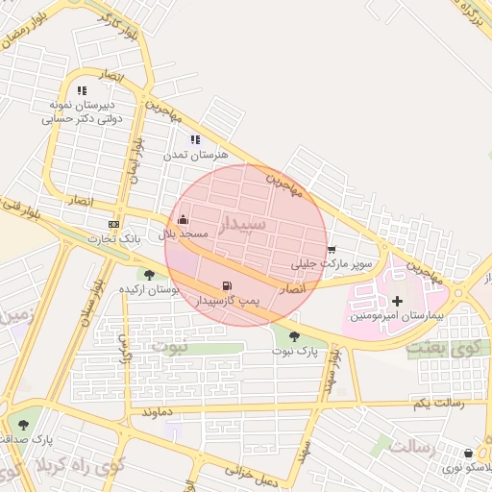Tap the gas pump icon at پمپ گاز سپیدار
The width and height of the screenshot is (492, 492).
tap(227, 285)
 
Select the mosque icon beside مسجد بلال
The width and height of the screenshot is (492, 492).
tap(184, 220)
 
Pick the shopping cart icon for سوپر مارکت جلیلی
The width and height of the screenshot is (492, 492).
tap(332, 249)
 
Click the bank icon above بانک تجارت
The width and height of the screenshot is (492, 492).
tap(114, 224)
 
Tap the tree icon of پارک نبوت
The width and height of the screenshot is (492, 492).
tap(294, 336)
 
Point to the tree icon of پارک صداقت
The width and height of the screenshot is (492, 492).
tap(23, 424)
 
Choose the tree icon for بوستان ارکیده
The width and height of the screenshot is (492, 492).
tap(149, 275)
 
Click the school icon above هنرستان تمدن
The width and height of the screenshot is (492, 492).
tap(196, 139)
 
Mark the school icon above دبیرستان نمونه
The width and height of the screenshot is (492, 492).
tap(82, 90)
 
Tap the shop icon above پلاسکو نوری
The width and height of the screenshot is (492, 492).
tap(468, 453)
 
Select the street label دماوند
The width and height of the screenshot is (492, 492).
tap(158, 412)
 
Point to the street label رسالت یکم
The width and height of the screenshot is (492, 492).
tap(438, 403)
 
